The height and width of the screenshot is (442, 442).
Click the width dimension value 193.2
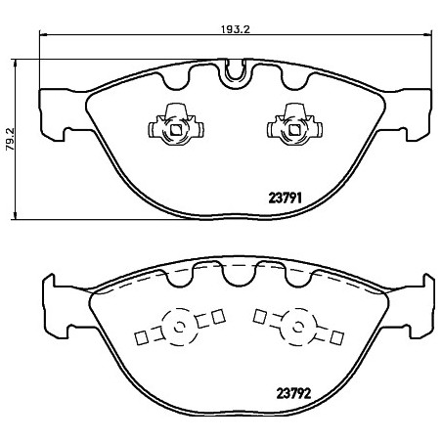pyautogui.click(x=236, y=29)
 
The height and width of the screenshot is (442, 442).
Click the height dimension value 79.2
pyautogui.click(x=10, y=139)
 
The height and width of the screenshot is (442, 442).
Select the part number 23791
pyautogui.click(x=285, y=198)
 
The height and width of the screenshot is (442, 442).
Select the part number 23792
pyautogui.click(x=293, y=393)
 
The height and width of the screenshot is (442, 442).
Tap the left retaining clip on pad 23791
pyautogui.click(x=176, y=124)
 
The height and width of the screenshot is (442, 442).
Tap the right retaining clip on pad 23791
pyautogui.click(x=294, y=124)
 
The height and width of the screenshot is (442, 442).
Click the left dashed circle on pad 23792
pyautogui.click(x=178, y=327)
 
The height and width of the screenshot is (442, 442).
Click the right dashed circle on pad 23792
pyautogui.click(x=297, y=327)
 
